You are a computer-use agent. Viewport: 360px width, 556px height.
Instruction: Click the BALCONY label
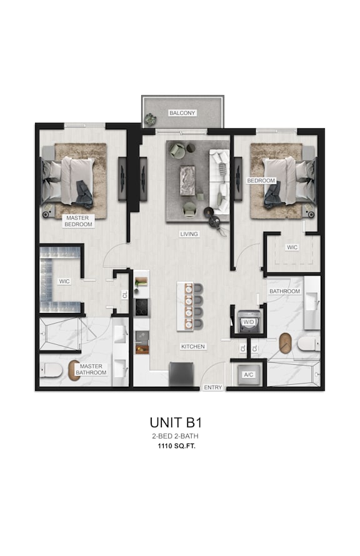[x=182, y=113]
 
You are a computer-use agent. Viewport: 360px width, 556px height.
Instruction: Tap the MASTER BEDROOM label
[x=78, y=221]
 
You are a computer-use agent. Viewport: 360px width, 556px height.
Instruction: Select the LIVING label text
[x=189, y=234]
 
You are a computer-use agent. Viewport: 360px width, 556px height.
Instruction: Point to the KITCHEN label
[x=193, y=346]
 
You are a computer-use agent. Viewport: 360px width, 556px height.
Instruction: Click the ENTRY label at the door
[x=212, y=387]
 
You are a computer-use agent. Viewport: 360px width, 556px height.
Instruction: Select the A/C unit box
[x=247, y=375]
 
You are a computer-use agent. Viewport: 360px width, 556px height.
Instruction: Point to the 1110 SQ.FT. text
[x=180, y=447]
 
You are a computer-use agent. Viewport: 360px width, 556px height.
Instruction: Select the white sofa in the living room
[x=219, y=181]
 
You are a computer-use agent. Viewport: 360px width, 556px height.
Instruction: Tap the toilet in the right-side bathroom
[x=307, y=344]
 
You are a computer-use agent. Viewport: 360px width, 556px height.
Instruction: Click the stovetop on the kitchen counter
[x=141, y=306]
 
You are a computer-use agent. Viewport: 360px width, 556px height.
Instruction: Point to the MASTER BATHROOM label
[x=91, y=369]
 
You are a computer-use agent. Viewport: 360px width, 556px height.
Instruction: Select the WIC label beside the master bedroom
[x=64, y=281]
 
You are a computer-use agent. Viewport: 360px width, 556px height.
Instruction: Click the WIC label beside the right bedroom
[x=292, y=247]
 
